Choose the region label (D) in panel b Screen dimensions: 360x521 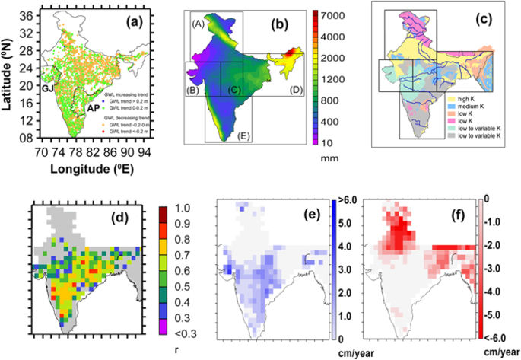click(x=296, y=92)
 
